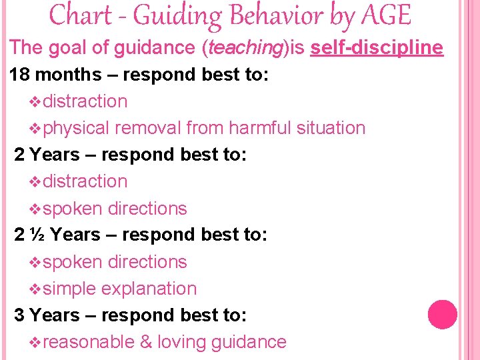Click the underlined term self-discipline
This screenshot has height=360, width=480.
[377, 47]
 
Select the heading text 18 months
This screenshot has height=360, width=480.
[54, 75]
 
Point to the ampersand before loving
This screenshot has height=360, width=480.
[145, 342]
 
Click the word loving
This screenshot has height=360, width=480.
[181, 342]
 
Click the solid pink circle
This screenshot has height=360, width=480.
[442, 315]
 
